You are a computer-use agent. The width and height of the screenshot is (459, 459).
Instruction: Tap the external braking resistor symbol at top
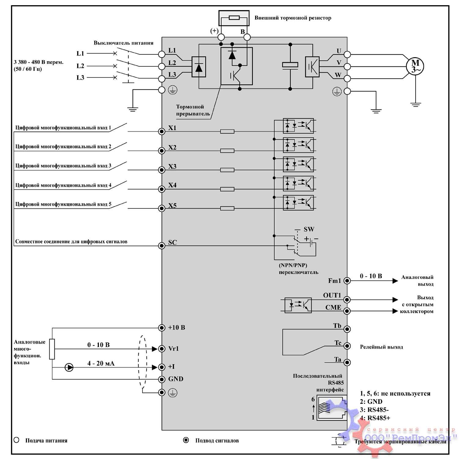[234, 17]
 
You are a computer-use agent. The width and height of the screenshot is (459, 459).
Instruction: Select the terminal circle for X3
[162, 170]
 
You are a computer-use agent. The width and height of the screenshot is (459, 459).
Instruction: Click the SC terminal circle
[162, 245]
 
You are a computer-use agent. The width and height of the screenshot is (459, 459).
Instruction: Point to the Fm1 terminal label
[334, 281]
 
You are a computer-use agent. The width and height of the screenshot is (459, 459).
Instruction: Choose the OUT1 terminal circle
[347, 300]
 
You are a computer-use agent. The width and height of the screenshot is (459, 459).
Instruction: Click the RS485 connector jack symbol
[332, 408]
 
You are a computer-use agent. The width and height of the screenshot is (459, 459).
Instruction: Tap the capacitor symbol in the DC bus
[290, 65]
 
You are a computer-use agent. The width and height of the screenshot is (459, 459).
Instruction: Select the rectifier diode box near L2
[199, 67]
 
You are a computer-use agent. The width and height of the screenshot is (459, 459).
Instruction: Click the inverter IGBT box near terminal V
[312, 67]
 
